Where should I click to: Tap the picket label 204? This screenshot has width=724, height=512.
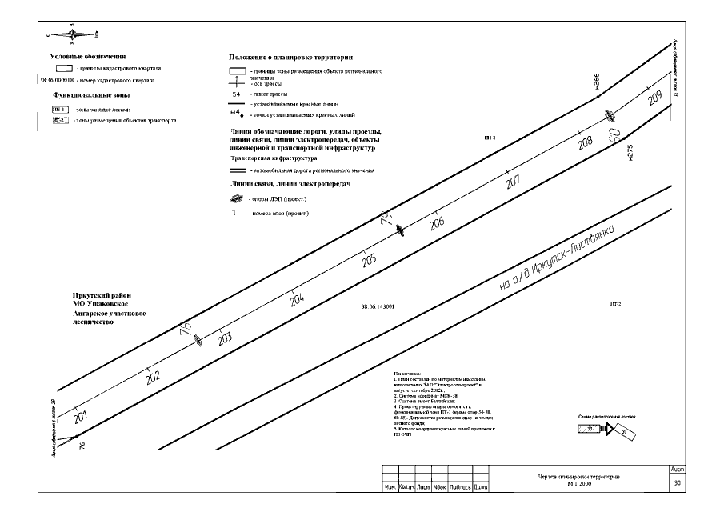point(297,299)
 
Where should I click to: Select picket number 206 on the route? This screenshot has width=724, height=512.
point(437,224)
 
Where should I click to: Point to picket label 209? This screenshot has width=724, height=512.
point(655,98)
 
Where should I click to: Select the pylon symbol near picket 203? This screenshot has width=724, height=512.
point(198,340)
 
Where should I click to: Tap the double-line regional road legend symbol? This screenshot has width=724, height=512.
point(237,170)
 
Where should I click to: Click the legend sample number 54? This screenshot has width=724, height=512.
point(236,94)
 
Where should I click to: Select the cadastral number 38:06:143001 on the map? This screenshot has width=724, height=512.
point(378,306)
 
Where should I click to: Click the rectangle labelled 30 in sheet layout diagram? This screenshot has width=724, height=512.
point(590,430)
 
